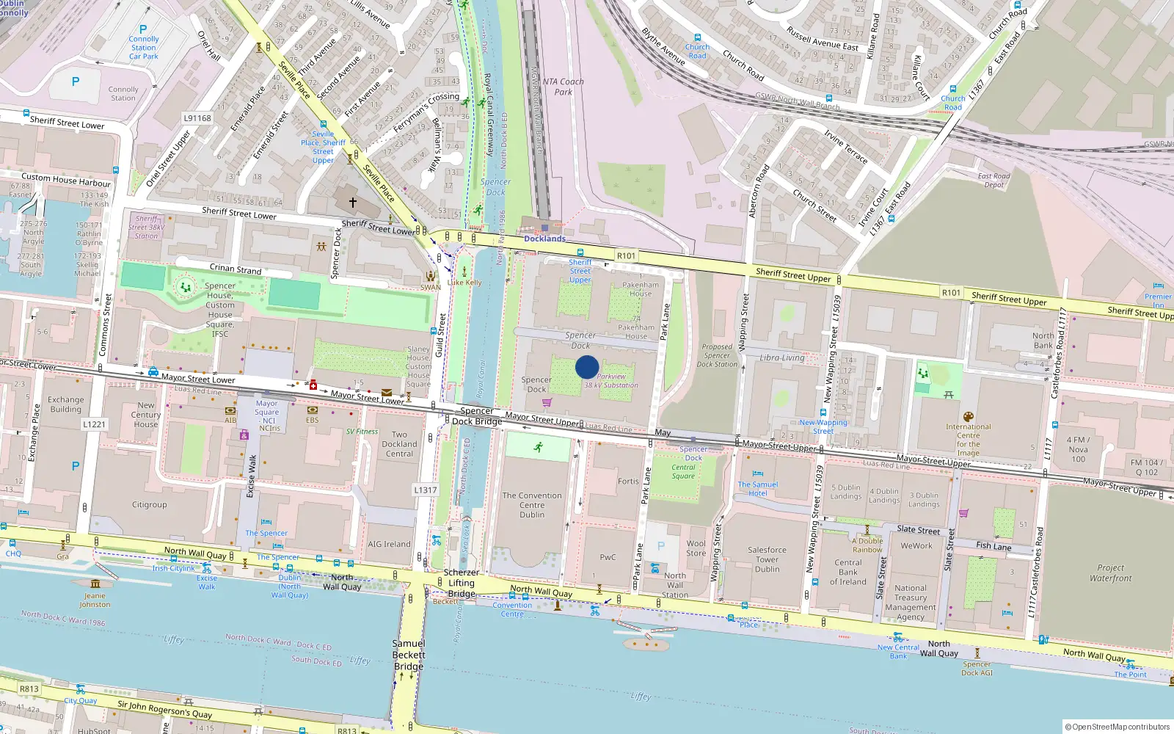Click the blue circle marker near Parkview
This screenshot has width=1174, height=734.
point(587,367)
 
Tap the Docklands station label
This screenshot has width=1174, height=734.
point(544,239)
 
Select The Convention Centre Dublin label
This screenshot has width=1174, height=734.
point(532,505)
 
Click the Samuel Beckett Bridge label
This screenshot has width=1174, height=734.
point(409,655)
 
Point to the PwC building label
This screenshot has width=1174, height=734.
point(608,557)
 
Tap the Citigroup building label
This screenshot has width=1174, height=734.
point(150,505)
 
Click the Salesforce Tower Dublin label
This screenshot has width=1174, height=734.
point(767,559)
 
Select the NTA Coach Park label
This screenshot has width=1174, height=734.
point(564,87)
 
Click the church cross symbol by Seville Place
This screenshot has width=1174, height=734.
point(352,202)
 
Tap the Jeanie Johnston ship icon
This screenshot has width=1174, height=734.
point(95,584)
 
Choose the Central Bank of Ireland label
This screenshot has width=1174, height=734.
point(847,572)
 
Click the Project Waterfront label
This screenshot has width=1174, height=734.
point(1110,573)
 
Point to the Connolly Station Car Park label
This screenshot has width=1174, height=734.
point(144,48)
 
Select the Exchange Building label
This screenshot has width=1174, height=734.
point(66,404)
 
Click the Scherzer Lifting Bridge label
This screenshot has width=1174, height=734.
point(462,583)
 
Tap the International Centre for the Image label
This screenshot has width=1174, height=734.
point(968,440)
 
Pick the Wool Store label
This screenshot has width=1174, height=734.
point(696,548)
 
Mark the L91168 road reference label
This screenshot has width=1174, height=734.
point(197,118)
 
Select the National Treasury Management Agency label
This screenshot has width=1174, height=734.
point(910,603)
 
